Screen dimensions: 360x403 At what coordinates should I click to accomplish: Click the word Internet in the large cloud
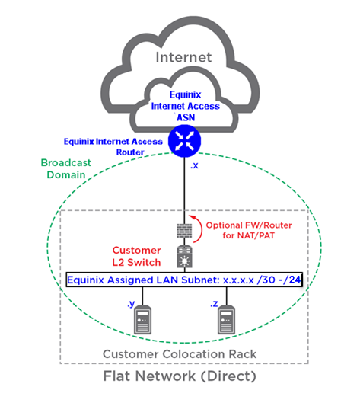[x=183, y=57]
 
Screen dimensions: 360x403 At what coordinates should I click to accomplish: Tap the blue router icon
[x=184, y=141]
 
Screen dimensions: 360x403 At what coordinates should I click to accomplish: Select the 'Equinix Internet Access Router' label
[x=113, y=146]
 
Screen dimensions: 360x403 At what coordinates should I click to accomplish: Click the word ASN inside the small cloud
[x=186, y=117]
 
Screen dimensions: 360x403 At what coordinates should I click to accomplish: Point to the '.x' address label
[x=194, y=165]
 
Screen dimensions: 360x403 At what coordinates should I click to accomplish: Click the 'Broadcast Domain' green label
[x=66, y=168]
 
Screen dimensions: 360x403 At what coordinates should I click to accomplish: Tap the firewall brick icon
[x=184, y=230]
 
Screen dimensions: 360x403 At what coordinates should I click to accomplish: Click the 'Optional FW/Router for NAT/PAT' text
[x=249, y=230]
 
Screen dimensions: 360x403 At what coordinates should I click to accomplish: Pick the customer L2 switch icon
[x=185, y=257]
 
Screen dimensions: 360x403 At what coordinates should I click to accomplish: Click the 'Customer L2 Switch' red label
[x=136, y=256]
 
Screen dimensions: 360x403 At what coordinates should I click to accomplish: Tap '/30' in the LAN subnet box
[x=266, y=280]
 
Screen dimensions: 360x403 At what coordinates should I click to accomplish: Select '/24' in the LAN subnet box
[x=292, y=280]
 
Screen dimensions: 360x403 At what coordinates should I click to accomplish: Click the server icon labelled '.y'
[x=143, y=319]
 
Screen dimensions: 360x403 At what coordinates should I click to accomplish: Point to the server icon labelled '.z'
[x=227, y=319]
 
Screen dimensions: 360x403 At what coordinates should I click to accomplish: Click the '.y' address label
[x=131, y=304]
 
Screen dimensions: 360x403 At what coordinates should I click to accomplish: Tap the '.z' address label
[x=214, y=304]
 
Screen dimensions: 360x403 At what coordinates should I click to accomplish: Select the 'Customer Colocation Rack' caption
[x=180, y=354]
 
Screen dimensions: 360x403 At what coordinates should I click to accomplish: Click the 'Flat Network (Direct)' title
[x=180, y=376]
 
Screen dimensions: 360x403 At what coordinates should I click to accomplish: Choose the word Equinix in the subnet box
[x=85, y=280]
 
